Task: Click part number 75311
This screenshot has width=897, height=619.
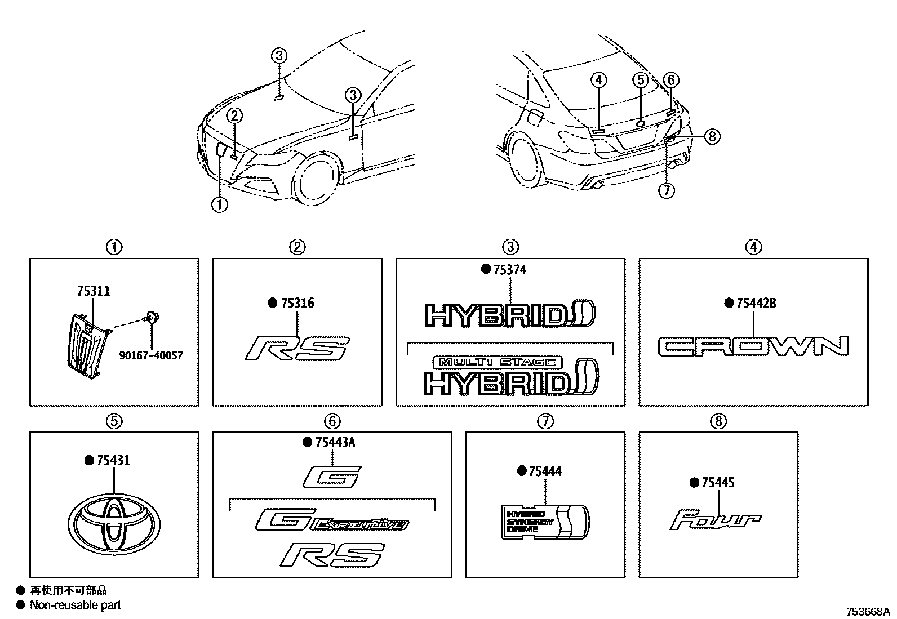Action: click(x=93, y=291)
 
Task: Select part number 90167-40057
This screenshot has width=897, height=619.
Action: click(x=150, y=356)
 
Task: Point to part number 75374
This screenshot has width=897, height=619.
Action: click(x=509, y=270)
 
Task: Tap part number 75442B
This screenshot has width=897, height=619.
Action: click(x=756, y=304)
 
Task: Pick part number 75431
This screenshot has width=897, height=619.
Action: click(x=113, y=460)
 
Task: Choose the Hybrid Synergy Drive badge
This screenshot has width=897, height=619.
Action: click(x=545, y=522)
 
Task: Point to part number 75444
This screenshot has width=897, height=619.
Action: click(x=545, y=471)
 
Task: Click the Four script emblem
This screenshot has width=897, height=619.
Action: click(x=716, y=520)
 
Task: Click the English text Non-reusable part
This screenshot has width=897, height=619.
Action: click(x=75, y=605)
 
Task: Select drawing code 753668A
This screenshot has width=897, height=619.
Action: click(x=867, y=612)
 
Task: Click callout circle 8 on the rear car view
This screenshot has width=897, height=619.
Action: click(x=712, y=136)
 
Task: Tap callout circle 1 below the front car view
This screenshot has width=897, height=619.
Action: click(x=219, y=205)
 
